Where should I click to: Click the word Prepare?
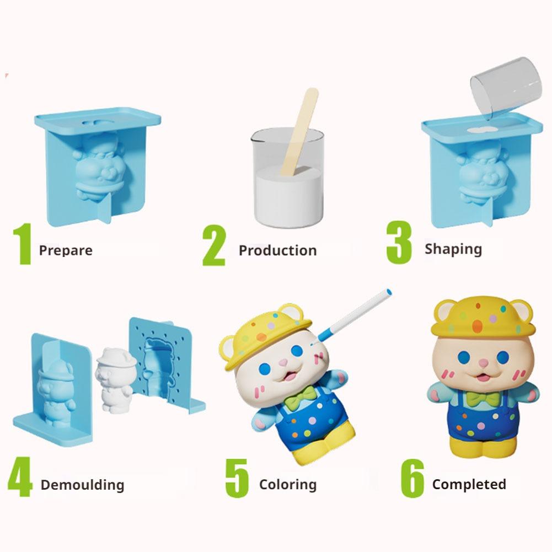coord(66,250)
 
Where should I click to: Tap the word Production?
coord(277,250)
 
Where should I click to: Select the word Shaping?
coord(453,249)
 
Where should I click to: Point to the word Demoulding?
coord(82,485)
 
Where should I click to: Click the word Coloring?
coord(288,485)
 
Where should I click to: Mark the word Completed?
coord(469,485)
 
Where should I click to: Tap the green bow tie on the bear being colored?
coord(304,394)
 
